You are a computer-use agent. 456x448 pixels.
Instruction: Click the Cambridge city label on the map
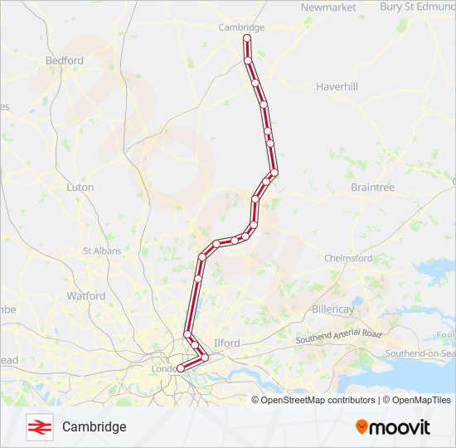pos(241,27)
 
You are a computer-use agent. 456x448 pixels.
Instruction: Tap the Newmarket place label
pos(328,7)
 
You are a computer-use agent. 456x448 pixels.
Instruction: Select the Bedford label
pos(65,61)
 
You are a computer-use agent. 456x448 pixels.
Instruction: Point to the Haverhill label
pos(337,86)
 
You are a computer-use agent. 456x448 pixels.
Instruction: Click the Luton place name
pos(80,187)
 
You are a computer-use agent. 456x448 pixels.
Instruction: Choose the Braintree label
pos(372,187)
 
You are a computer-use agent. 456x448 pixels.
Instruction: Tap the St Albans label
pos(102,251)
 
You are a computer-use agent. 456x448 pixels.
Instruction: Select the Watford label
pos(86,295)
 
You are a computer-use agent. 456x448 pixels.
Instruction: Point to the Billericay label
pos(356,309)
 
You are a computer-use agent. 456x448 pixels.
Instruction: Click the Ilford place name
pos(226,343)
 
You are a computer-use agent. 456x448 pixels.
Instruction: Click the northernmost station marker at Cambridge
pos(247,38)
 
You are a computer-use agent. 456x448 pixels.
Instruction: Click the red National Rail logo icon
pos(38,426)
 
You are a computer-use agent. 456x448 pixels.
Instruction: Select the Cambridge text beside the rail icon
pos(94,426)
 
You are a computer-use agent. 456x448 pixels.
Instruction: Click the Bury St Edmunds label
pos(417,7)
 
